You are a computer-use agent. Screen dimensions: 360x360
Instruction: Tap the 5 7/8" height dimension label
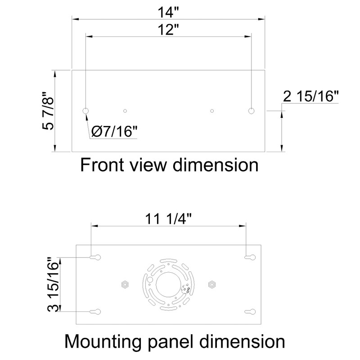click(48, 111)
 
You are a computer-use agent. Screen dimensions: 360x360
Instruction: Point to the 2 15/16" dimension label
click(310, 97)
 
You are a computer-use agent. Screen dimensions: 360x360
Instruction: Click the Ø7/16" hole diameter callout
click(114, 132)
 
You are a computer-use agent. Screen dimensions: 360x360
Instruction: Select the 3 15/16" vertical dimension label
click(54, 284)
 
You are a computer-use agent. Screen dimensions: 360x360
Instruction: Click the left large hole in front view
click(85, 110)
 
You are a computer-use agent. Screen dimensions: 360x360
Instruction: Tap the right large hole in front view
click(252, 110)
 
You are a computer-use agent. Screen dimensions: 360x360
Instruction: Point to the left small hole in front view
click(126, 110)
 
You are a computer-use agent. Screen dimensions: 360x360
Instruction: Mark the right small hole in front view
click(212, 110)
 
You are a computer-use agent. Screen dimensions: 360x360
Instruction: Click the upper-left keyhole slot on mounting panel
click(95, 257)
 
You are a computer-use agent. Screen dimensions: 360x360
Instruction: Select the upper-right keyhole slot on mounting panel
click(250, 257)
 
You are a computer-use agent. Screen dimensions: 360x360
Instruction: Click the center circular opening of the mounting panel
click(168, 284)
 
